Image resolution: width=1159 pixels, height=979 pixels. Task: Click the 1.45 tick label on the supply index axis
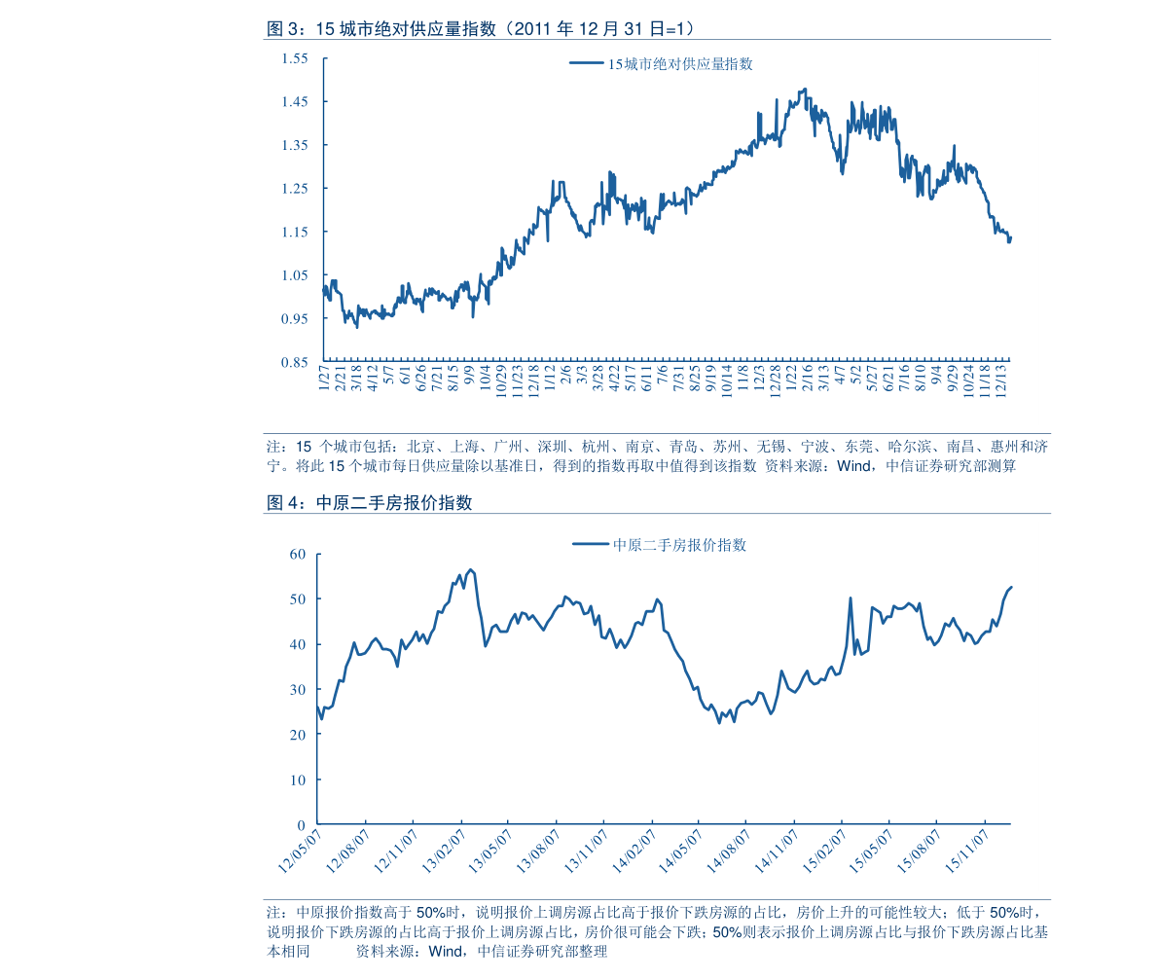tap(294, 102)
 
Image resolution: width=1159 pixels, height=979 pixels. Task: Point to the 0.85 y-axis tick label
tap(294, 363)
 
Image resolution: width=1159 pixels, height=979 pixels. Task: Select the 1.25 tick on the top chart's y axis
tap(294, 189)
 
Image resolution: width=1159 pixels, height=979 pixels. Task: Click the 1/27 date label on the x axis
tap(325, 377)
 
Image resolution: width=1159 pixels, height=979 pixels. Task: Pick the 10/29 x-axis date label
tap(501, 379)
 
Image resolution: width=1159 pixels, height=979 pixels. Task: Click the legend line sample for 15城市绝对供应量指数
tap(586, 64)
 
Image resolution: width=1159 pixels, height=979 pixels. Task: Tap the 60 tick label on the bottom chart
tap(298, 555)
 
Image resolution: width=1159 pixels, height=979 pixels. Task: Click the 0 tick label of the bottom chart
tap(302, 825)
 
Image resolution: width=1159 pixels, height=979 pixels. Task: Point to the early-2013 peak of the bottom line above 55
tap(471, 569)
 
